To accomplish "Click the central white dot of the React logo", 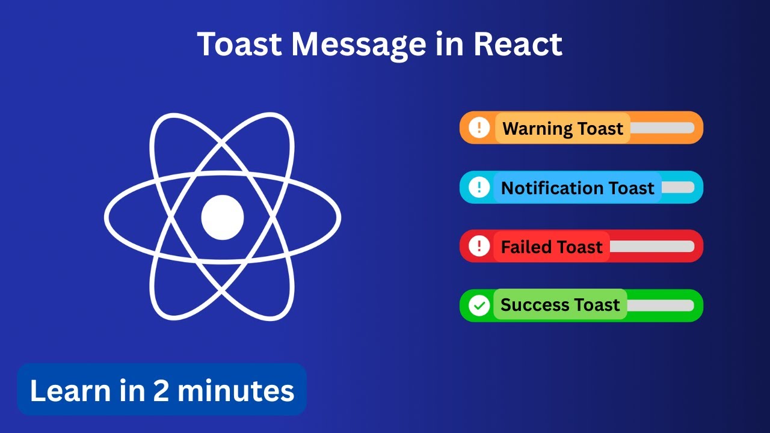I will coord(223,217).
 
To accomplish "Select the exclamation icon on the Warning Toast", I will coord(479,127).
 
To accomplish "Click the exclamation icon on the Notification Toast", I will coord(479,187).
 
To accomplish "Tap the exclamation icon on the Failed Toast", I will coord(479,246).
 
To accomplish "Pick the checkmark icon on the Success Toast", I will coord(479,306).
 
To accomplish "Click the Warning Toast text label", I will coord(562,128).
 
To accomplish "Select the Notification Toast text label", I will coord(577,188).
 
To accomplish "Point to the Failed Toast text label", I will coord(552,247).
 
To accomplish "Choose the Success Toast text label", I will coord(559,305).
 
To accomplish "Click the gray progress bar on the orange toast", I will coord(662,128).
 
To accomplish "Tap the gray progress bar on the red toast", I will coord(651,247).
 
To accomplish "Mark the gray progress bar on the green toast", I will coord(660,306).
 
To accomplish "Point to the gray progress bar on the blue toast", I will coord(678,188).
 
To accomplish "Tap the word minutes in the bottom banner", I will coord(236,390).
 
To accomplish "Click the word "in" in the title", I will coord(448,44).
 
